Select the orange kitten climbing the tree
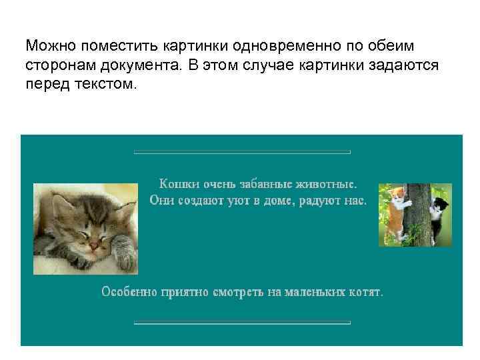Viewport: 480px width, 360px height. tap(398, 210)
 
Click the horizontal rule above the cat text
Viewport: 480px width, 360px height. tap(242, 153)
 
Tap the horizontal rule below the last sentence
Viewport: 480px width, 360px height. tap(242, 323)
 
